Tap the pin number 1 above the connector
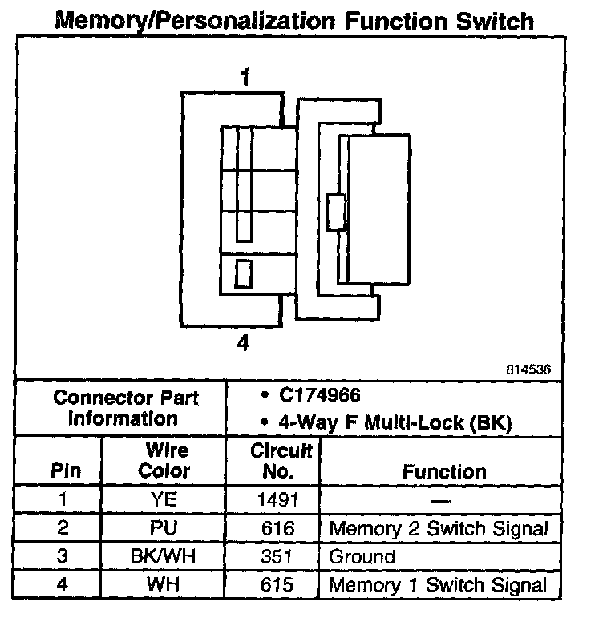pos(245,78)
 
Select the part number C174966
pos(320,395)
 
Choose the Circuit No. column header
pos(277,460)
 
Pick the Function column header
pos(444,471)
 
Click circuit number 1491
pos(277,500)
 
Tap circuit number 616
pos(277,528)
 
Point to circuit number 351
pos(277,556)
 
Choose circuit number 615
pos(277,584)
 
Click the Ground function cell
pos(362,556)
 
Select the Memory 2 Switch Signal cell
pos(439,528)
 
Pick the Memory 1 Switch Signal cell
pos(439,584)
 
